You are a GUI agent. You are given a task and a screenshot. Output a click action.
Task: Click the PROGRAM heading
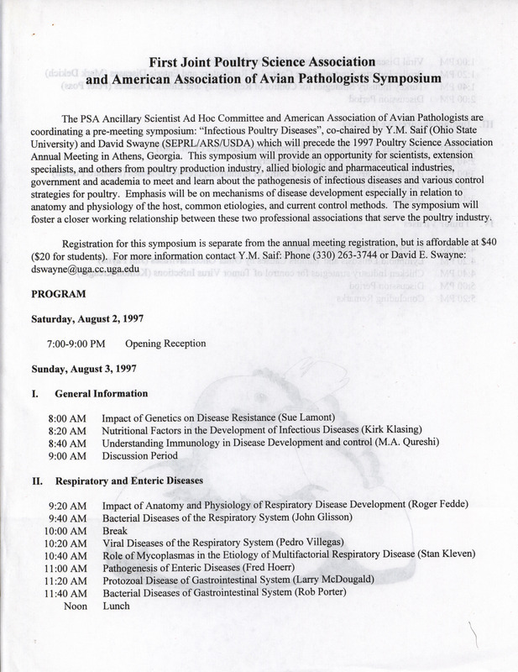click(56, 296)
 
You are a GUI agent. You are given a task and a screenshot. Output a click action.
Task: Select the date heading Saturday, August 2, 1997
click(92, 320)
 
